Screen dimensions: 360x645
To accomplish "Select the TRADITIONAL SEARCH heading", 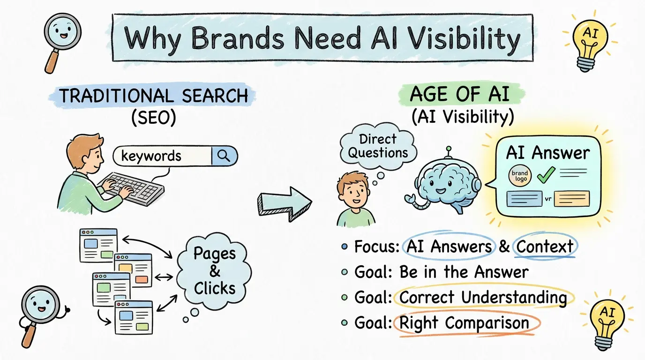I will tap(154, 96).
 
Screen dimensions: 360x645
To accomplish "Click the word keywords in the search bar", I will tap(151, 156).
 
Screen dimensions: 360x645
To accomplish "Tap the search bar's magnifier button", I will tap(224, 156).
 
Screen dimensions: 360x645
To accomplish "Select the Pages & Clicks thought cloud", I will tap(215, 271).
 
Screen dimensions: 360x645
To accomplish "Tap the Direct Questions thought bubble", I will tap(378, 146).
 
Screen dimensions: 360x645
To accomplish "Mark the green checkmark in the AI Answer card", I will tap(546, 174).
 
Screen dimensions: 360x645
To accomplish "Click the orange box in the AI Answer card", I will tap(571, 199).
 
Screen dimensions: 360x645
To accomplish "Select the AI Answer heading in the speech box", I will tap(547, 153).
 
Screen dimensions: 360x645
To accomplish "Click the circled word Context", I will tap(545, 247).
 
